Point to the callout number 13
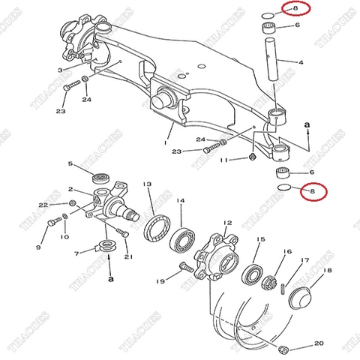tap(148, 184)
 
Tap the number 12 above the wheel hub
tap(227, 223)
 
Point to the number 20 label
tap(319, 344)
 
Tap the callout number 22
tap(43, 204)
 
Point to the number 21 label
tap(128, 257)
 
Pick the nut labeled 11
tap(253, 158)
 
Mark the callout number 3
tap(59, 70)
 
